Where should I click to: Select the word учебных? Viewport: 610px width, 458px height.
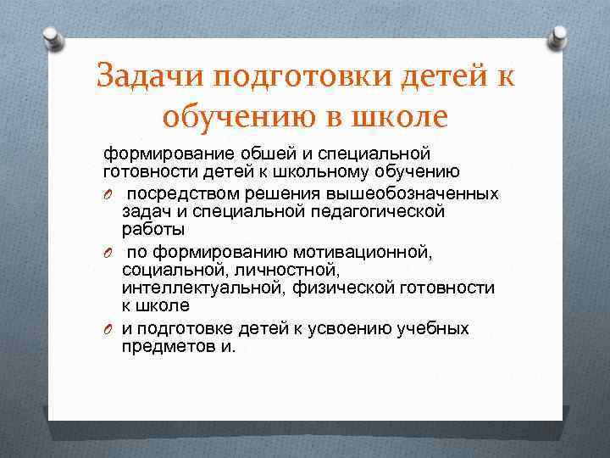click(x=439, y=328)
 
